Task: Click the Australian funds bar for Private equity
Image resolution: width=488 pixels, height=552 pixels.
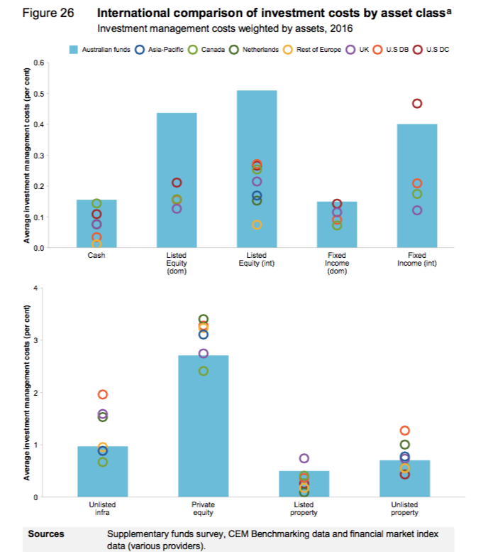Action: pos(203,426)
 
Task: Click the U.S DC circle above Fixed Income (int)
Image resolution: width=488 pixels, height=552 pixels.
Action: pos(417,104)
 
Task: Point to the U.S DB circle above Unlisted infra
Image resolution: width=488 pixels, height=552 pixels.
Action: pos(102,394)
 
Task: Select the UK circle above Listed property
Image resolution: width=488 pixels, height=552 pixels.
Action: pos(304,458)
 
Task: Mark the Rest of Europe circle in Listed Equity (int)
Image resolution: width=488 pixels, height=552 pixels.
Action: pos(257,224)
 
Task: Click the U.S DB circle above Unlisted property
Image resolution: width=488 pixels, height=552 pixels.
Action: pos(405,431)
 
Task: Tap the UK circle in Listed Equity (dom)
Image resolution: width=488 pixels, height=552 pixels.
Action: pos(177,209)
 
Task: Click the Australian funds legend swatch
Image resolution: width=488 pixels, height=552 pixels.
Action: pos(74,50)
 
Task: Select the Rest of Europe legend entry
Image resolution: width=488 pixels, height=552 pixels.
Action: pos(312,50)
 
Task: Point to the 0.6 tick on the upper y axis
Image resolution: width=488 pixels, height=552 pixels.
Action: pos(39,63)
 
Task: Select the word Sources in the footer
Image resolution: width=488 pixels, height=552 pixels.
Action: pos(46,534)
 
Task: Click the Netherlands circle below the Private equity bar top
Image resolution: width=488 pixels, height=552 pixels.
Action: pos(204,371)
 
